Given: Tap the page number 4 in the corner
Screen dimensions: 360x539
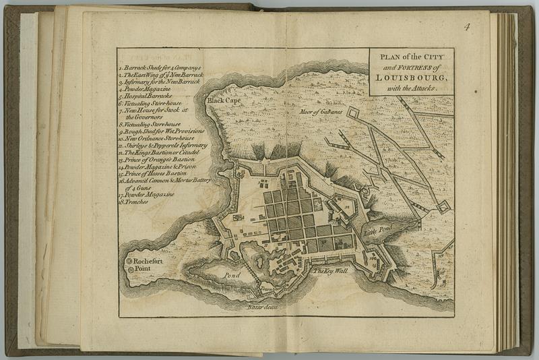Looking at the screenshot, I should point(466,27).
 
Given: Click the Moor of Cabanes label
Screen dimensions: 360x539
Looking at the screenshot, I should point(321,111).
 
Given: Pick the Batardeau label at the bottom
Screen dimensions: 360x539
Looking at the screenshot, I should point(262,307).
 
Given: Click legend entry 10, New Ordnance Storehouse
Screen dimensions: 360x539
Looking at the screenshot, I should point(159,138).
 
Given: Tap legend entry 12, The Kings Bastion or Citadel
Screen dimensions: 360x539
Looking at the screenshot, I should point(162,152).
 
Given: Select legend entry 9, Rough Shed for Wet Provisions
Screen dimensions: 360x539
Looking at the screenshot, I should point(164,131).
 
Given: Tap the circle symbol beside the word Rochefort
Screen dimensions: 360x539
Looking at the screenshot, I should point(129,260).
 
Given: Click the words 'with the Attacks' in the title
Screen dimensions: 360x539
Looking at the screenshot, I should point(411,89).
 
